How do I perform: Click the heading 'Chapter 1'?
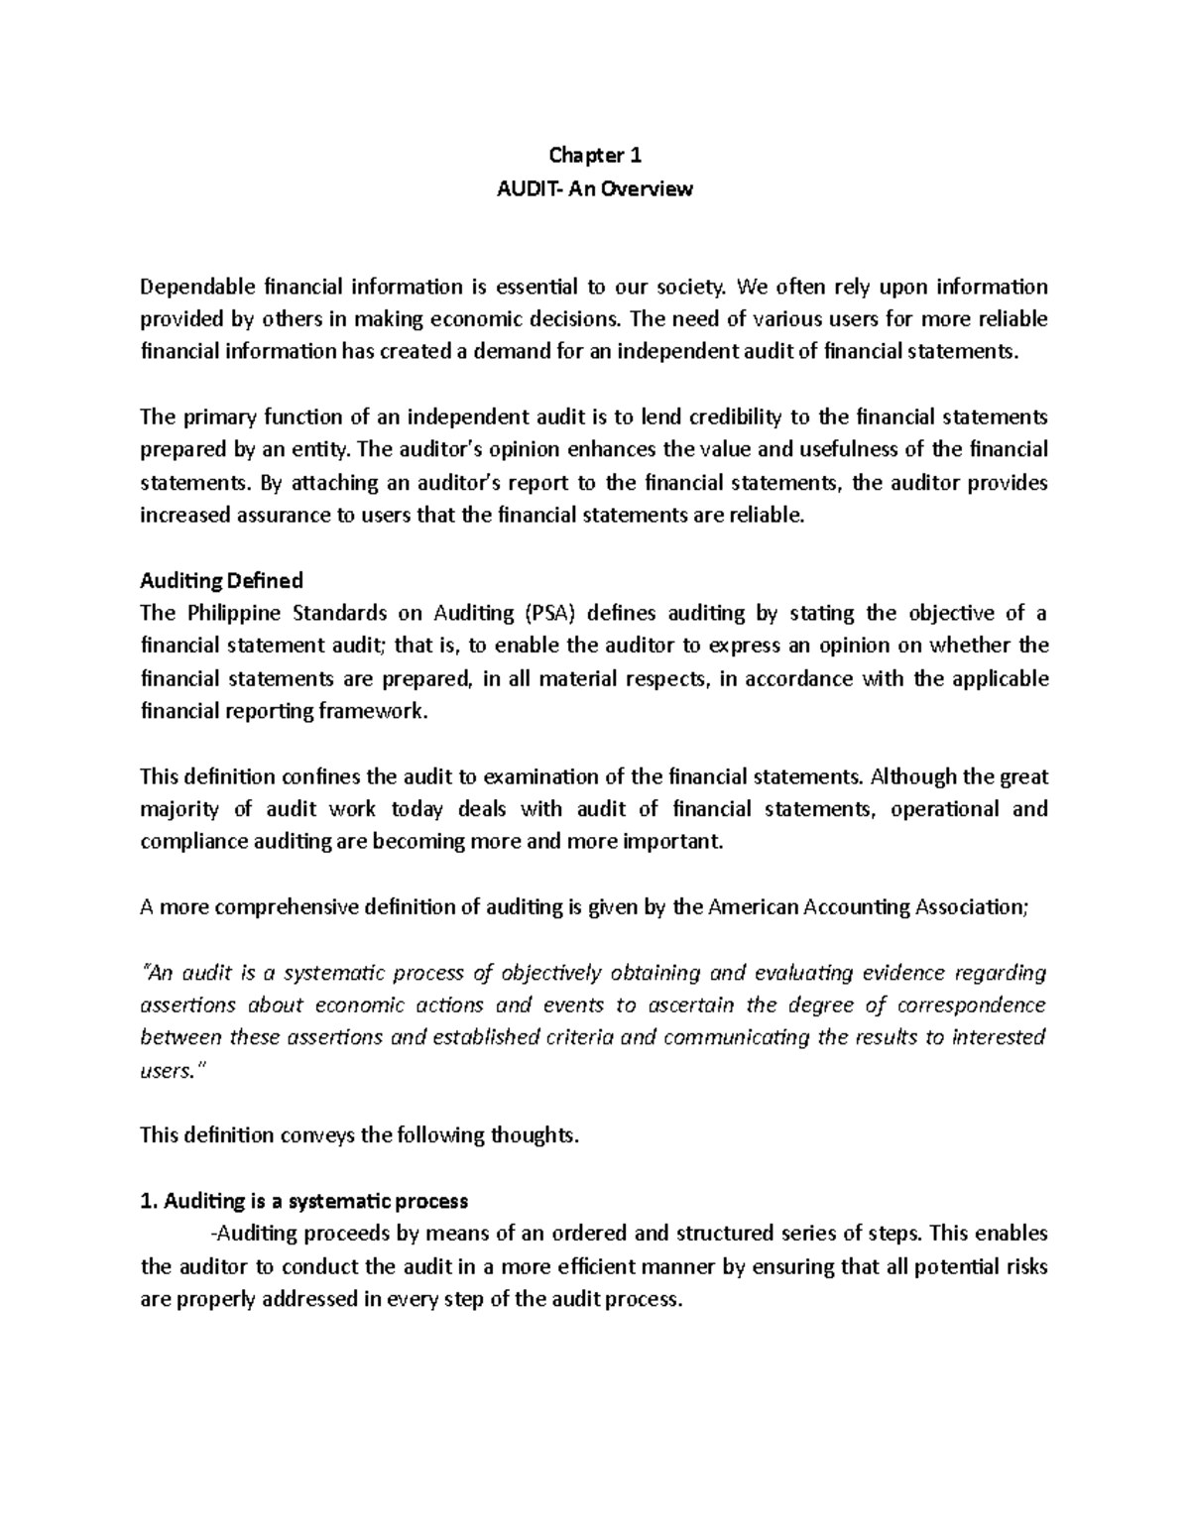(595, 156)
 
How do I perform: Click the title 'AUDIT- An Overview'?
(595, 188)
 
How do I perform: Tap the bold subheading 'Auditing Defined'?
(221, 580)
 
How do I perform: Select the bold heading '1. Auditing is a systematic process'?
(303, 1201)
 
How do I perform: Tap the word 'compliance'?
(188, 842)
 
